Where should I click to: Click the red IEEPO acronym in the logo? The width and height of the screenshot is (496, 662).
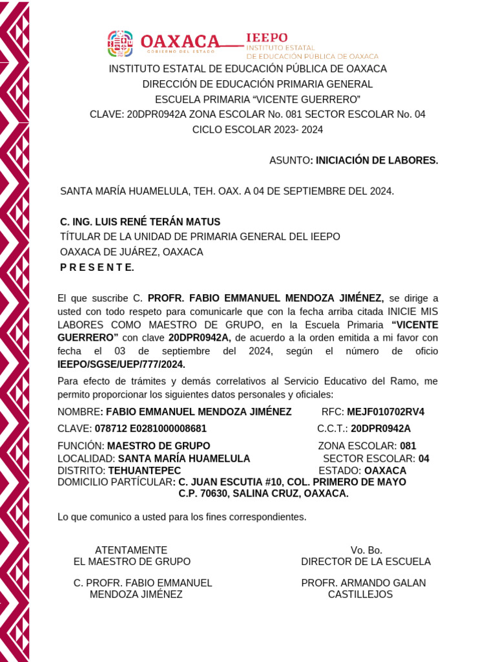click(267, 37)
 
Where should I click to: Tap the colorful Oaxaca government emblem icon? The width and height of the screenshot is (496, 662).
click(120, 43)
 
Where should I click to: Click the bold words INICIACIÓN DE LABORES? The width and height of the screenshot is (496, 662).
click(376, 160)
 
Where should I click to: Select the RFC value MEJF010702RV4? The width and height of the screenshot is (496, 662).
click(386, 412)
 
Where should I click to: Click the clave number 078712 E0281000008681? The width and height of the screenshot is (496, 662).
click(150, 428)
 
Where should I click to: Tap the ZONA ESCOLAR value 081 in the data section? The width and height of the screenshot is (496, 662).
click(408, 445)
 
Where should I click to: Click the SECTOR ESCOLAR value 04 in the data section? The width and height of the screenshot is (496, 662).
click(424, 458)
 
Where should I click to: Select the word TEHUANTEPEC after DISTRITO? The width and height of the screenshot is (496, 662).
click(145, 470)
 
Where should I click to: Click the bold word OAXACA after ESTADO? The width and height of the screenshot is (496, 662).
click(385, 470)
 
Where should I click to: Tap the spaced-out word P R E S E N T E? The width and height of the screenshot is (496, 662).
click(97, 268)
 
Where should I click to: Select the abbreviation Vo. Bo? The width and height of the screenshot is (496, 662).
click(366, 550)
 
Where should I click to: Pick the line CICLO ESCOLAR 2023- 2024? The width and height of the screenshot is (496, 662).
click(258, 129)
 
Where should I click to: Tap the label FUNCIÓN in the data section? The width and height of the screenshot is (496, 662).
click(80, 445)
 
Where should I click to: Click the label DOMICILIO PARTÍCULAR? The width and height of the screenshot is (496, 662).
click(115, 482)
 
